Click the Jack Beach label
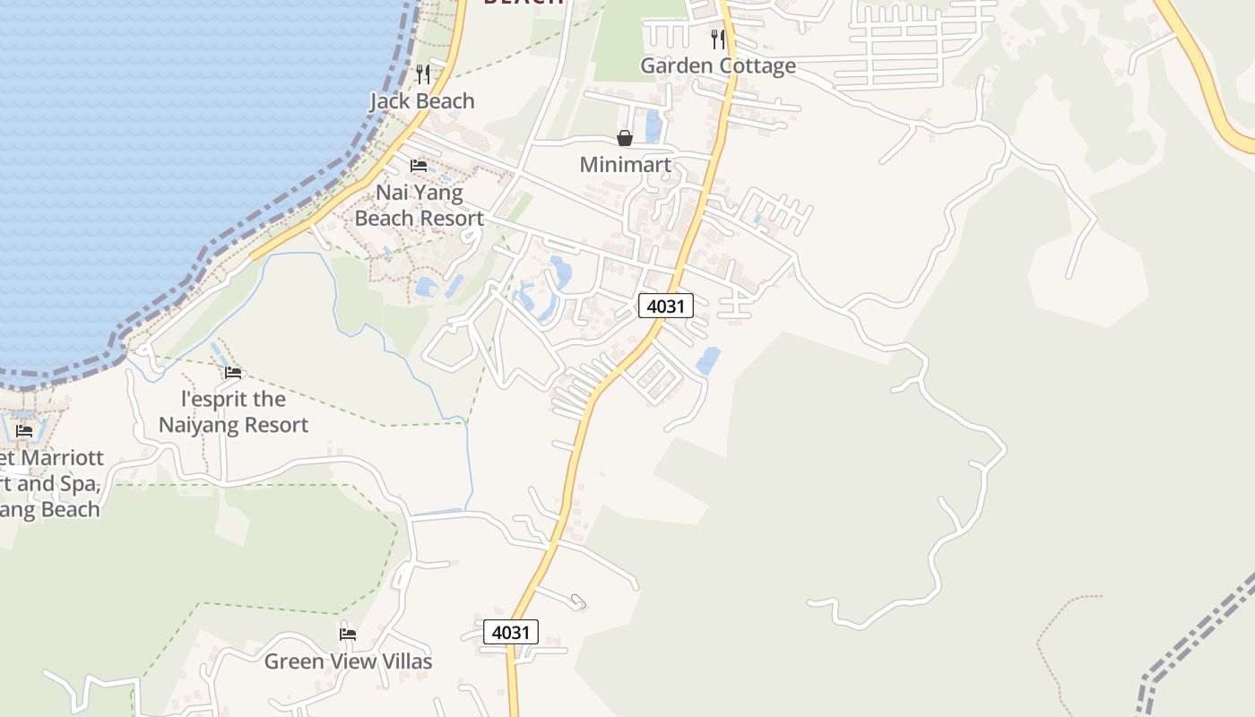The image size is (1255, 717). (422, 101)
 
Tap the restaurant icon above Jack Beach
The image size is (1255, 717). (423, 74)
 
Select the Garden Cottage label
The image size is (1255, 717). (717, 65)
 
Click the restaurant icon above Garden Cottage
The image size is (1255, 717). (717, 39)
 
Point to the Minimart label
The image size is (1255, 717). (625, 165)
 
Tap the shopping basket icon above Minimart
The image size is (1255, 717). (625, 138)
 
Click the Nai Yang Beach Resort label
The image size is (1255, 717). (419, 205)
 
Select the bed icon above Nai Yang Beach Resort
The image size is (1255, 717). (419, 166)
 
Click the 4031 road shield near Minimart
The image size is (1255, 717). (666, 306)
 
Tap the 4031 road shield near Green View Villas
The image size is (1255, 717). (511, 632)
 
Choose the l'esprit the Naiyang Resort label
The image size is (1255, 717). (233, 412)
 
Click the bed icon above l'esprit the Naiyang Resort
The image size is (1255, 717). (233, 373)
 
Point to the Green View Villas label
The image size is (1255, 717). (348, 661)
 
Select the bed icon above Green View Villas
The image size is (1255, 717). (348, 635)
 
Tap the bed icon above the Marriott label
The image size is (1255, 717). (24, 431)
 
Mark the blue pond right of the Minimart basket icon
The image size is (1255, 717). (653, 125)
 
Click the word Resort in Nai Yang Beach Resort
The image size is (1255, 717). (451, 218)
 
